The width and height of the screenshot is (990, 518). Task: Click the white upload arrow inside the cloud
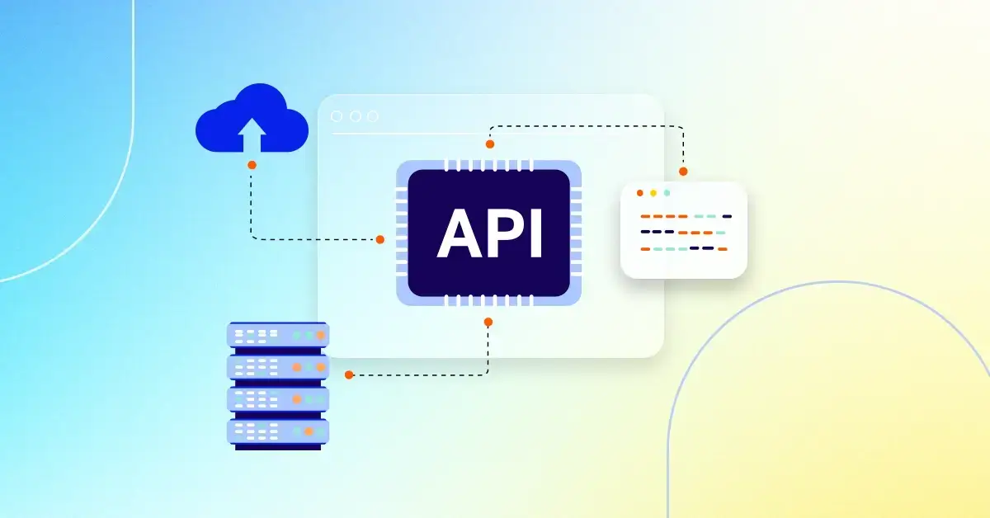coord(252,134)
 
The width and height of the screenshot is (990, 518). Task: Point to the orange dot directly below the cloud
coord(252,165)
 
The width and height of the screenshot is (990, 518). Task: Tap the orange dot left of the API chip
coord(379,239)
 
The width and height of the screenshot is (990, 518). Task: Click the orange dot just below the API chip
coord(488,322)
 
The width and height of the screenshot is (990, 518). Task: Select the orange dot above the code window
coord(683,172)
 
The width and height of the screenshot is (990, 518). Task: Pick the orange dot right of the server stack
coord(349,374)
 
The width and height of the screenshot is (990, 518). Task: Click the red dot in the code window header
coord(639,193)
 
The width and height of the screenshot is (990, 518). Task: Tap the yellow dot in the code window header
coord(653,193)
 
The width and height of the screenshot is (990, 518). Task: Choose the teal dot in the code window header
coord(667,193)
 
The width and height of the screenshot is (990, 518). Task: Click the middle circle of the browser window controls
coord(355,116)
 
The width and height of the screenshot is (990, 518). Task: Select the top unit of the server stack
coord(278,335)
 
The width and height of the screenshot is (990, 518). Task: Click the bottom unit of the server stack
coord(278,431)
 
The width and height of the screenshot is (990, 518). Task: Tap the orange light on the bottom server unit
coord(309,431)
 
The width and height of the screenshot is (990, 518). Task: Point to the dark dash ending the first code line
coord(727,216)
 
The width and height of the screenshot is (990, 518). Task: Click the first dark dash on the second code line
coord(646,232)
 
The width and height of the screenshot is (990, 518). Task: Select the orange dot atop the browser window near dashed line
coord(489,144)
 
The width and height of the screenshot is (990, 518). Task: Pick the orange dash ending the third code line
coord(722,248)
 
